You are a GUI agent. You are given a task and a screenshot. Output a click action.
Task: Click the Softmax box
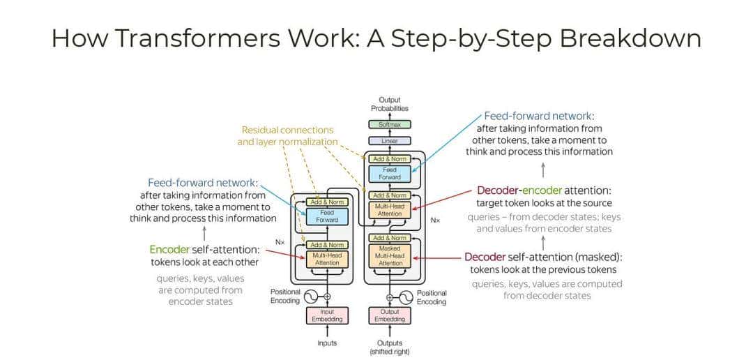tap(390, 124)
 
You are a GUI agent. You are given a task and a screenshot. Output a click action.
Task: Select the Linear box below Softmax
tap(390, 141)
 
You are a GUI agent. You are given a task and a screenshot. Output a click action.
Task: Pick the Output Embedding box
tap(390, 315)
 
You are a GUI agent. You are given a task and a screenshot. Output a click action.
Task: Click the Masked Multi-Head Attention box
tap(390, 256)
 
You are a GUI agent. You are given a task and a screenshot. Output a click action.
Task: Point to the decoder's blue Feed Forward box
tap(390, 173)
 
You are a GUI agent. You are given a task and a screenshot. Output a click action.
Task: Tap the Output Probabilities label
tap(390, 104)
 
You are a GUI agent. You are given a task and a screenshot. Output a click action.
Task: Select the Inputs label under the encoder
tap(327, 343)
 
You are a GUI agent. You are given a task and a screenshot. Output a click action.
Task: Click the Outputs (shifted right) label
tap(390, 346)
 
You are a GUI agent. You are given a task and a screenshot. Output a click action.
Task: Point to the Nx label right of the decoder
tap(435, 220)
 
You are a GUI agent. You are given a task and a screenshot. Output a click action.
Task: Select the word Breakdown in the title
tap(630, 38)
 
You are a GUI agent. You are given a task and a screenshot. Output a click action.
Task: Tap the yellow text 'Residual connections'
tap(287, 130)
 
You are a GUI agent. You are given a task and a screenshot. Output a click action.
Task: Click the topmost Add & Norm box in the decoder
tap(390, 159)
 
